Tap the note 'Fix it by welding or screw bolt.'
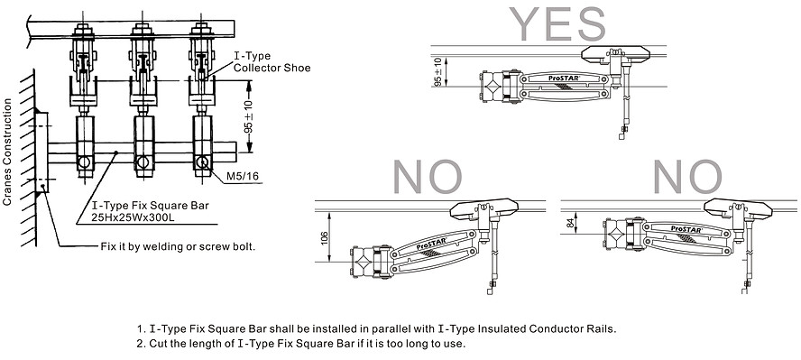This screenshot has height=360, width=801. tap(177, 246)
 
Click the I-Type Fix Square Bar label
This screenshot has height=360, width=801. tap(137, 207)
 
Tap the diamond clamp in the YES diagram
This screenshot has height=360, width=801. tap(494, 87)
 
